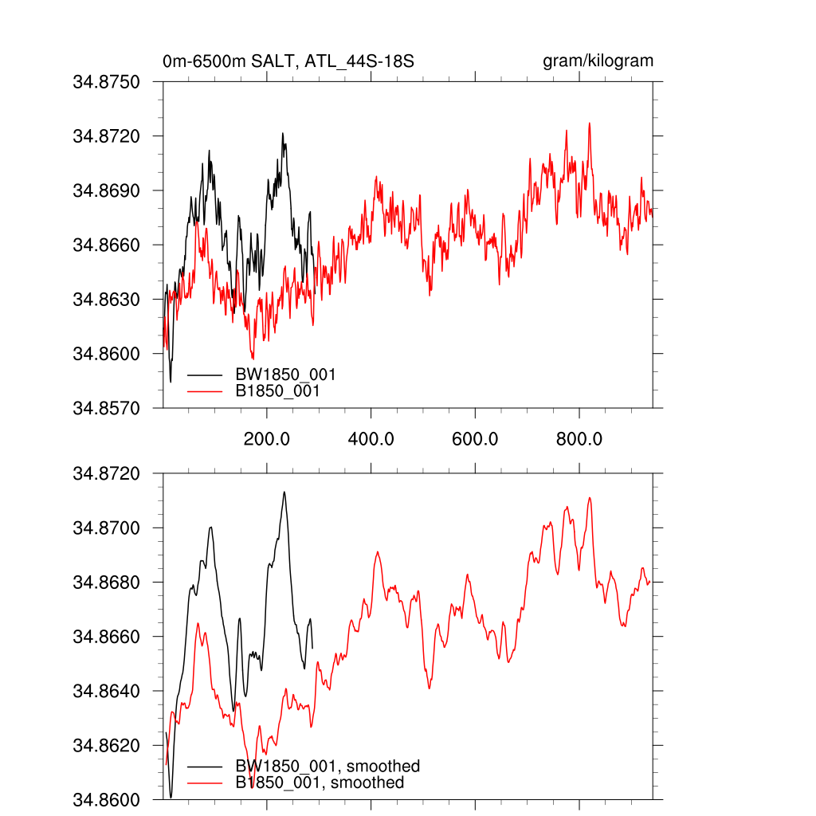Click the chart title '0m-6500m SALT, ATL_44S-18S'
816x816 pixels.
[288, 61]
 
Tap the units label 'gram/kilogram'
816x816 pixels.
[598, 61]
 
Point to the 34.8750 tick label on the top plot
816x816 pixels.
[106, 82]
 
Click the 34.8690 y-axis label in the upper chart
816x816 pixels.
[106, 190]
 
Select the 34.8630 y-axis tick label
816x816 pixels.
[106, 300]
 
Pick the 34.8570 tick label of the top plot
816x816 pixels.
[106, 408]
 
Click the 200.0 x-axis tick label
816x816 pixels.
[267, 439]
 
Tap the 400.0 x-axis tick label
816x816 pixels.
[371, 439]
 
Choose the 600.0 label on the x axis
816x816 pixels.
[475, 439]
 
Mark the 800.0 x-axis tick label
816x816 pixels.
[579, 439]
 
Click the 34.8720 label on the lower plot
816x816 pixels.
[106, 474]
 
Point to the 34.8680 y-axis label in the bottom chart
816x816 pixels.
[106, 583]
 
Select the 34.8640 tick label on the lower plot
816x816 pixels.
[106, 691]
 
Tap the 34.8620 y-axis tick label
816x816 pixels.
[106, 746]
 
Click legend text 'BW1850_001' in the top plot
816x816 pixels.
[284, 375]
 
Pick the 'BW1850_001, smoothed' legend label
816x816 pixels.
[327, 767]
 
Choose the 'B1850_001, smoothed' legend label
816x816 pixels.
[320, 783]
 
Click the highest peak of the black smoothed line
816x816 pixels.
[284, 492]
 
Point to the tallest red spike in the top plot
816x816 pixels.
[589, 124]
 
